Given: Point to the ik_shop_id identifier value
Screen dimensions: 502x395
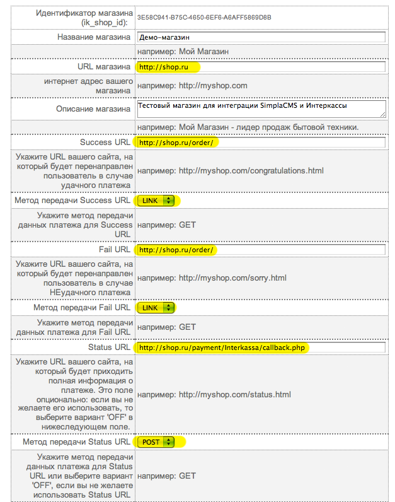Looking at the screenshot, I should point(204,18).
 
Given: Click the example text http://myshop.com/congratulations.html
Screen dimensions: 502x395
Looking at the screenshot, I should point(231,170).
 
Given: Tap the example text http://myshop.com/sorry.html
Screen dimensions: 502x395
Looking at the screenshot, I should point(212,278).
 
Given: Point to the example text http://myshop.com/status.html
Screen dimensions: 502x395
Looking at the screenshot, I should point(214,395).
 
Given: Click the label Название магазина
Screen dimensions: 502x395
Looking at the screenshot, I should point(93,37).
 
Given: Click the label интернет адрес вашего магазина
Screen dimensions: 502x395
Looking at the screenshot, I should point(88,85).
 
